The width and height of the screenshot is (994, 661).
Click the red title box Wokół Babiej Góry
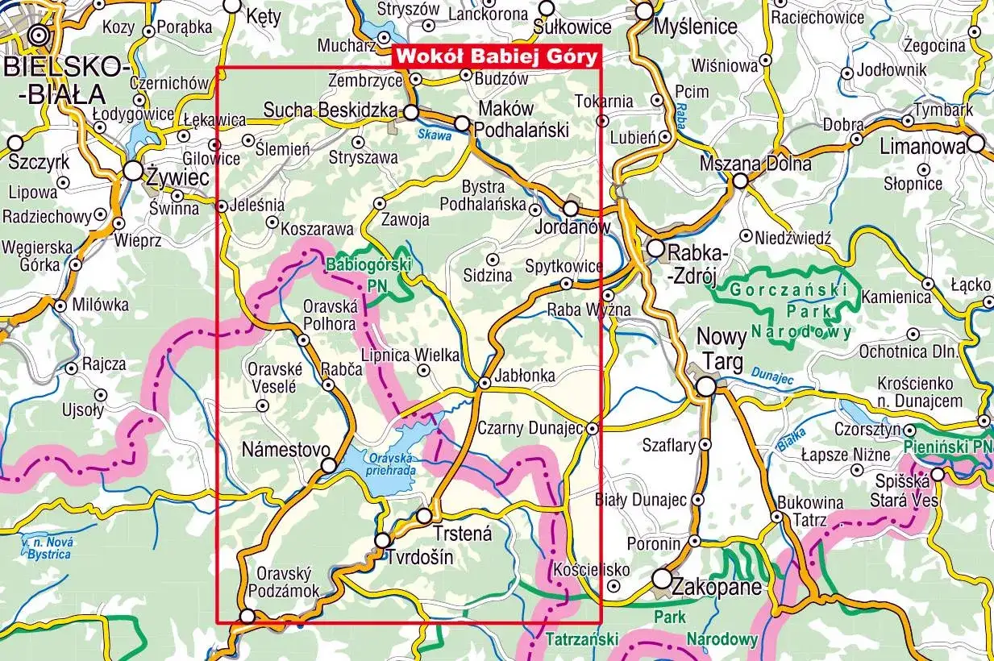point(496,56)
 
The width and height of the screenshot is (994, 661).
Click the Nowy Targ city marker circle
point(706,387)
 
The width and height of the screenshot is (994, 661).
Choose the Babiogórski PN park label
point(369,274)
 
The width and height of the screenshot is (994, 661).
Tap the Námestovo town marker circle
point(329,465)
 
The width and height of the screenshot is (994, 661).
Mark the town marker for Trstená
point(425,515)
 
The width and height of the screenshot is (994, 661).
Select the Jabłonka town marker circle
point(485,383)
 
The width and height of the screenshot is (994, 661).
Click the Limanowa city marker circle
point(976,144)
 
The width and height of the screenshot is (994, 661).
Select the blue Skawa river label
point(435,135)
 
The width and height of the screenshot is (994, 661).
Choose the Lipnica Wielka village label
point(410,355)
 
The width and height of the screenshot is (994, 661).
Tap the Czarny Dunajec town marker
point(593,428)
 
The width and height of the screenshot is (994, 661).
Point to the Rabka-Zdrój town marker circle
point(655,247)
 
